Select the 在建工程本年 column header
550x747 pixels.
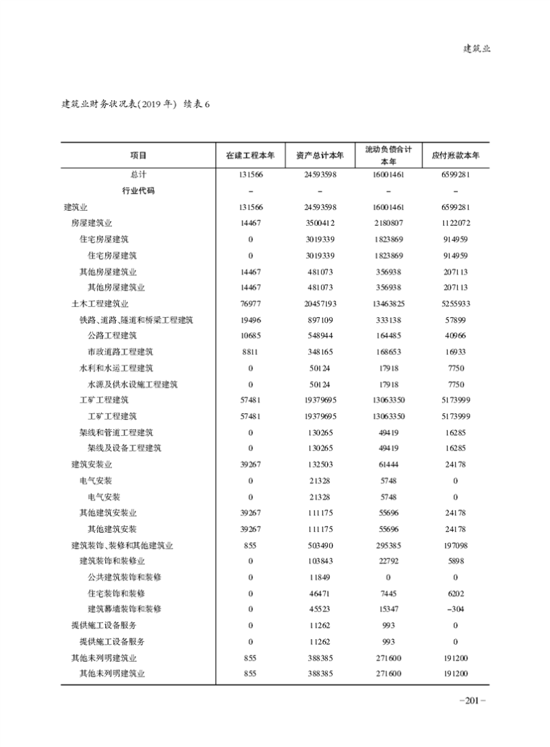pyautogui.click(x=250, y=156)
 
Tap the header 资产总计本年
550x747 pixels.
pyautogui.click(x=320, y=156)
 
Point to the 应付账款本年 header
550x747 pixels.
pyautogui.click(x=455, y=156)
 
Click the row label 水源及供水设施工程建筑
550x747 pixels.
pyautogui.click(x=133, y=384)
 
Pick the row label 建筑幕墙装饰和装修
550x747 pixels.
pyautogui.click(x=124, y=609)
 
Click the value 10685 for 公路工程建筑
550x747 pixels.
pyautogui.click(x=250, y=336)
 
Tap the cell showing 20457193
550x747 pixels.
pyautogui.click(x=320, y=303)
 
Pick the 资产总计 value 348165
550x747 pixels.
pyautogui.click(x=320, y=352)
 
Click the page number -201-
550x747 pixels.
pyautogui.click(x=472, y=700)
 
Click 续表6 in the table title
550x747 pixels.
pyautogui.click(x=200, y=104)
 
